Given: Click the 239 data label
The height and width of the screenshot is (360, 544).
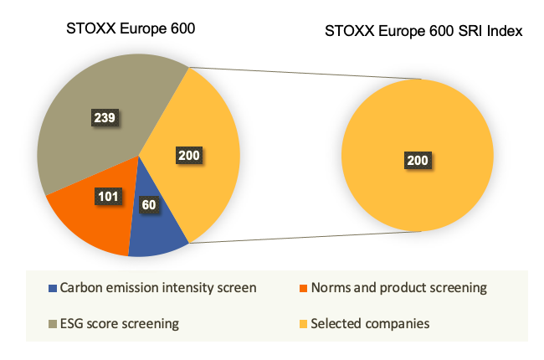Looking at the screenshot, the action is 105,118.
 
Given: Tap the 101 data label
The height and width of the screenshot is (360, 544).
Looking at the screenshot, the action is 108,197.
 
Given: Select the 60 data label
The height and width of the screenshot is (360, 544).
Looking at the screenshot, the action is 149,205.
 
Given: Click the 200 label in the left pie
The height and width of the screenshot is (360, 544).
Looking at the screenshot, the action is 189,155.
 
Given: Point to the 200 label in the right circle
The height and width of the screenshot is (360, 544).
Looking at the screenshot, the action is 418,161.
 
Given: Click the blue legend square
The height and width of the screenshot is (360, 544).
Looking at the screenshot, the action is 53,289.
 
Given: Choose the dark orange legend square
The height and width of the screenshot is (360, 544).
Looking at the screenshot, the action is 304,289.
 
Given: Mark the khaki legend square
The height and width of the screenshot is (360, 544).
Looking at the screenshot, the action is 53,324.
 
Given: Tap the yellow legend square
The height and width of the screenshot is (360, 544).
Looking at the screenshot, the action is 304,324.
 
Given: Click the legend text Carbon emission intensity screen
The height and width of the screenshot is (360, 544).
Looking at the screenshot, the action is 158,288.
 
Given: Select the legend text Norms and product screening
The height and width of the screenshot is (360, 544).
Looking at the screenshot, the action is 399,288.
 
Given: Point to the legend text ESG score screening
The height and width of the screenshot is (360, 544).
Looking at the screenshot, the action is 120,324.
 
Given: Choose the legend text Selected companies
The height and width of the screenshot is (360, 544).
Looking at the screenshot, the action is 370,324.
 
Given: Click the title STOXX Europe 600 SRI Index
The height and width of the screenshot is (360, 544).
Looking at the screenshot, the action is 423,31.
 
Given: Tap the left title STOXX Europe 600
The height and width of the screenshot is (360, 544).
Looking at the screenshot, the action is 131,28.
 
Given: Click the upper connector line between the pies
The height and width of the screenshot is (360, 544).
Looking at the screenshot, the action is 305,73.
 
